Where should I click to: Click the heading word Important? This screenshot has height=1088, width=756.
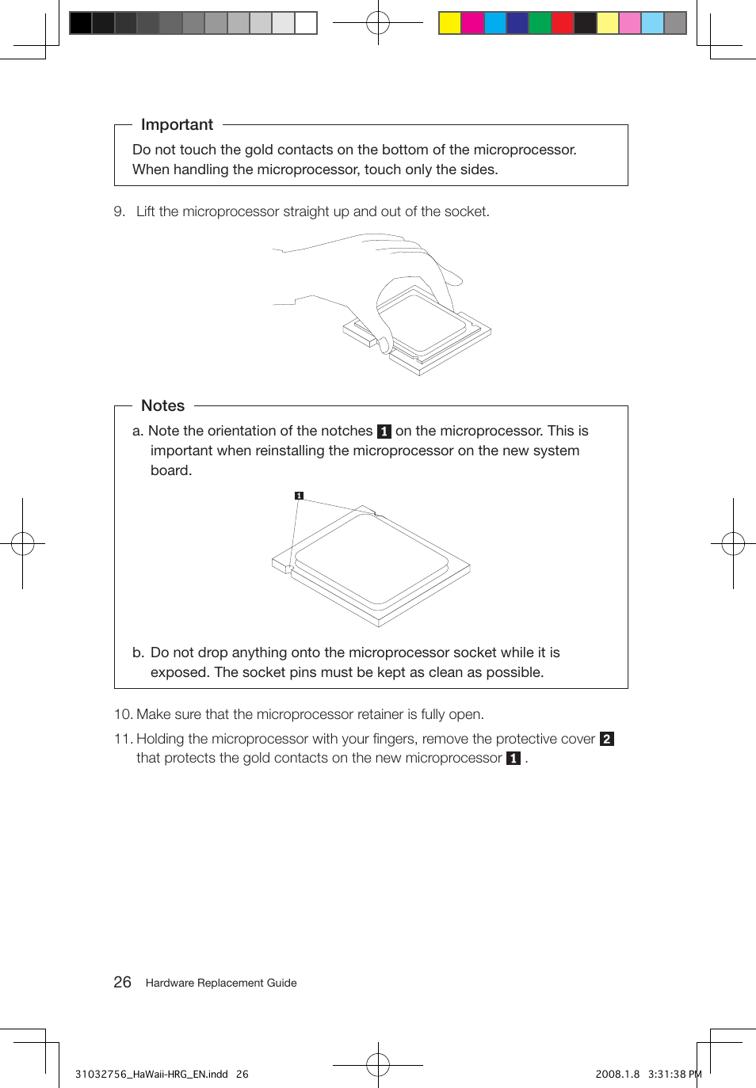point(177,124)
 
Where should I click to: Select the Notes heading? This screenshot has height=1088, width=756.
point(162,405)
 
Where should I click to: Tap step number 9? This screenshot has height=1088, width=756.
point(119,211)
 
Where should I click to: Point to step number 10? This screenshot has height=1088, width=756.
point(123,714)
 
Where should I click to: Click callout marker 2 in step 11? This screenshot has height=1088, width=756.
point(607,739)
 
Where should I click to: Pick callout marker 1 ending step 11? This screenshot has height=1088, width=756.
point(514,759)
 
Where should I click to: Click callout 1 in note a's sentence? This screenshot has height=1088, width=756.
point(384,432)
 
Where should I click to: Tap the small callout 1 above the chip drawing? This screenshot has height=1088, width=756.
point(299,496)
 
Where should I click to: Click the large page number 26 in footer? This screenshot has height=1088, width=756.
point(122,982)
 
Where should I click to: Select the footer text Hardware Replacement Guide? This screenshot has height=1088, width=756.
point(221,983)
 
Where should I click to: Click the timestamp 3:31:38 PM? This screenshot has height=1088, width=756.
point(674,1075)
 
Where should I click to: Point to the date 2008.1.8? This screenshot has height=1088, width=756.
point(617,1075)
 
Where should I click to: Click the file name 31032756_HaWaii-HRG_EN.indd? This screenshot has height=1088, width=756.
point(151,1075)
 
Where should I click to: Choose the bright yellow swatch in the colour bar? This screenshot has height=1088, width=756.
point(450,23)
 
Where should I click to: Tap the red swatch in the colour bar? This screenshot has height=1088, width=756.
point(563,23)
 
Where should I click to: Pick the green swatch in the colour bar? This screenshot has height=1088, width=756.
point(540,23)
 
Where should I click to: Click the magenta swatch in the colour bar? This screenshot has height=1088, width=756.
point(472,23)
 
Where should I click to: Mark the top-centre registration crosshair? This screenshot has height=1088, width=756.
point(378,23)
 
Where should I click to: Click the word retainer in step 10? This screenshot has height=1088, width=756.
point(380,714)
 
